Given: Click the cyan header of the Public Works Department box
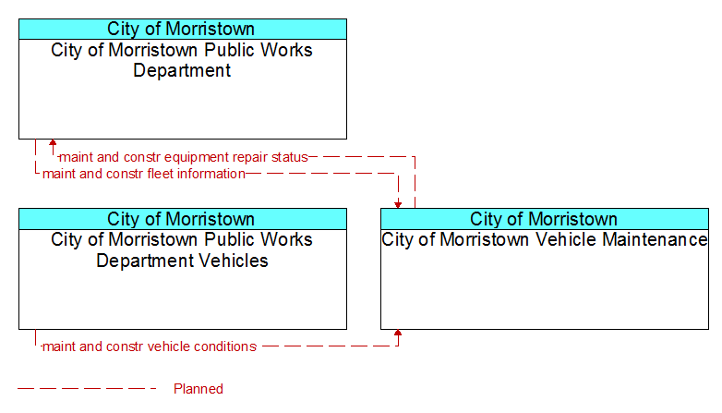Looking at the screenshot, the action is [x=183, y=29].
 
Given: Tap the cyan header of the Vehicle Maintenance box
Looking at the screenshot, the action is [x=545, y=219].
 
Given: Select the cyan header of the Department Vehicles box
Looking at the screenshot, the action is [x=183, y=219].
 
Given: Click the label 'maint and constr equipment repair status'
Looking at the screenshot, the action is [x=184, y=157].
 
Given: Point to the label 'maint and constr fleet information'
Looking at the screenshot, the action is [x=144, y=174].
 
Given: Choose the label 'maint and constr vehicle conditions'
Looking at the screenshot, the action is [x=150, y=346].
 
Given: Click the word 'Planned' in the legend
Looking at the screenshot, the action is [x=199, y=389].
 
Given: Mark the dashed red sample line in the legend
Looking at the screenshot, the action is [x=87, y=389].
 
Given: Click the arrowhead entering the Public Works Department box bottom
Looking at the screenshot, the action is [x=53, y=142].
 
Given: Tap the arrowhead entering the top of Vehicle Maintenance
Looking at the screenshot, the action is [x=398, y=205].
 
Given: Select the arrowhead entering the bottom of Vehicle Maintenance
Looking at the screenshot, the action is [x=398, y=333].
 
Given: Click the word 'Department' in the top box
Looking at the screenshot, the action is [x=182, y=71].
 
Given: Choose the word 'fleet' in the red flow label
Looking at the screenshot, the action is [x=161, y=174].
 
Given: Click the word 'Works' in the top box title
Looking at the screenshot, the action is [x=286, y=50].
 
